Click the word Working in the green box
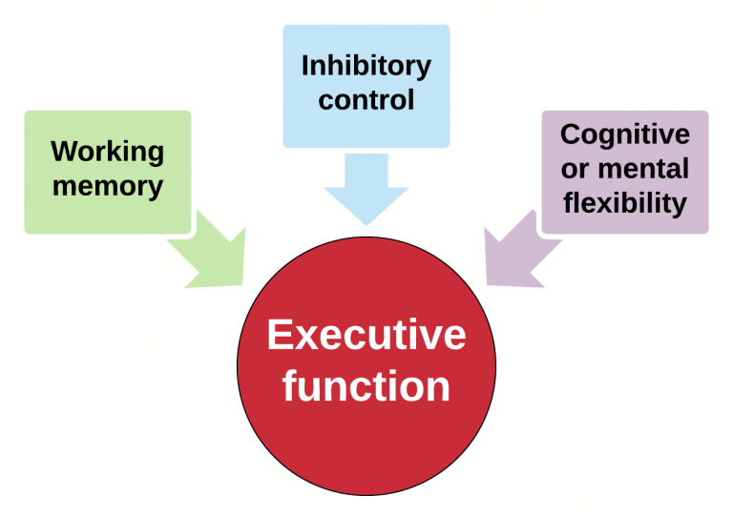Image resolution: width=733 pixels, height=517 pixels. (107, 153)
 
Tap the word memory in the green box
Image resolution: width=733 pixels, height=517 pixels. (107, 184)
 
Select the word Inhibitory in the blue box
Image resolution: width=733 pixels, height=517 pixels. (366, 66)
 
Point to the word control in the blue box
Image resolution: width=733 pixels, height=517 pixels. (366, 98)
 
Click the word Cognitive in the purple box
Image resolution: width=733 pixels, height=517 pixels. (624, 134)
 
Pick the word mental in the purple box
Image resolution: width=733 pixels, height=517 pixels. (641, 169)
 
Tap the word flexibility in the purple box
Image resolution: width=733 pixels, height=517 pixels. (624, 202)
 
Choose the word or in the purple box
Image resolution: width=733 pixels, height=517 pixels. (574, 170)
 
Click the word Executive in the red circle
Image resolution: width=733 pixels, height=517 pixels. (366, 336)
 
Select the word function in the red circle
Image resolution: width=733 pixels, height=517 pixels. (366, 386)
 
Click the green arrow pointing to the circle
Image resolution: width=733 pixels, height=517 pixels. (210, 252)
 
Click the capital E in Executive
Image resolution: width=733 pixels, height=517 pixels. (279, 336)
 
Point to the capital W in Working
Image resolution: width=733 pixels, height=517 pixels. (65, 152)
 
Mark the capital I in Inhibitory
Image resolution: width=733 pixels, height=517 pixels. (305, 66)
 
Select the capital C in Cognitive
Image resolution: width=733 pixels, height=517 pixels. (570, 134)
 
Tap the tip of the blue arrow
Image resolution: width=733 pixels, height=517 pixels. (366, 224)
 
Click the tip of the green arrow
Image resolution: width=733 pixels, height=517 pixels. (243, 282)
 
